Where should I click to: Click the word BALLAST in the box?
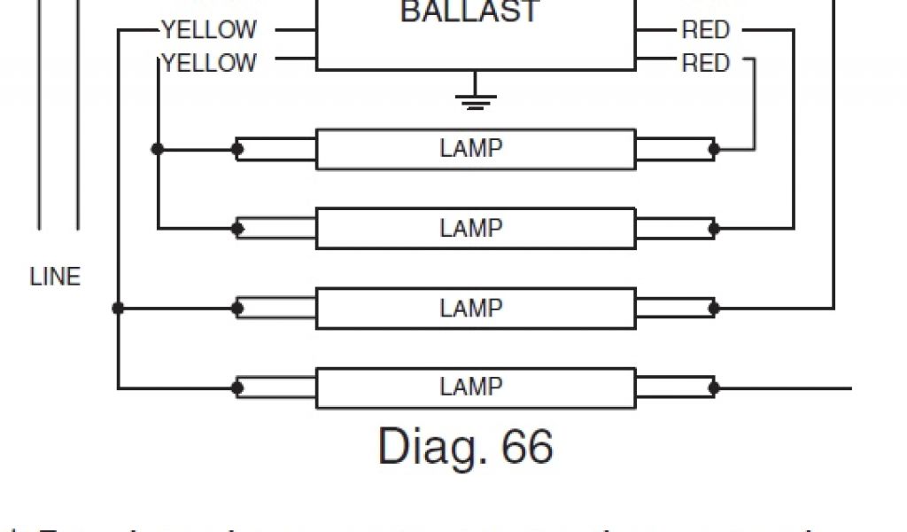(469, 12)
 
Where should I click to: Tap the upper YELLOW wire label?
(209, 31)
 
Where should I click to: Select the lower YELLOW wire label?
(209, 63)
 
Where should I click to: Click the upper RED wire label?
(705, 31)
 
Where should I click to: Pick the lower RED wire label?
(705, 64)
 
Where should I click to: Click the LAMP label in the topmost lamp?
(471, 148)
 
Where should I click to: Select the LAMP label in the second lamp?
(471, 229)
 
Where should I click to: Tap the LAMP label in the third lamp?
(471, 308)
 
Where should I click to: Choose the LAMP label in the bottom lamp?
(471, 387)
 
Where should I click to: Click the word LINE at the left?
(55, 277)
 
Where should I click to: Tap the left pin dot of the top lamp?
(237, 149)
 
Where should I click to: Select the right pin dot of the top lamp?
(714, 149)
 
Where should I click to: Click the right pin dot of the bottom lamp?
(714, 388)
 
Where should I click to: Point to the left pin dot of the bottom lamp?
(237, 388)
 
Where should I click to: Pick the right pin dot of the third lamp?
(714, 309)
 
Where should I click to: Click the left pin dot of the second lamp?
(237, 229)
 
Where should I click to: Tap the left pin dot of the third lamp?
(237, 309)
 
